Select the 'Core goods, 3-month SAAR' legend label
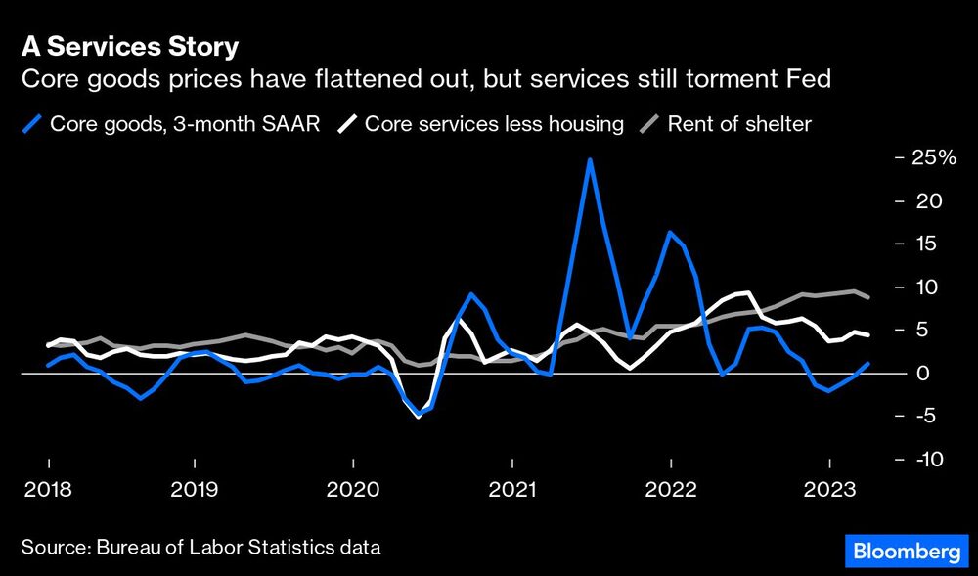pos(185,124)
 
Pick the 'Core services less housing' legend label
pos(494,124)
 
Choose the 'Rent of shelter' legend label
pos(739,124)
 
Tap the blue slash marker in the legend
pos(33,124)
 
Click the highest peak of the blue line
pos(590,159)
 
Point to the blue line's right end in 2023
pos(868,364)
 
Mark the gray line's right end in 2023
pos(868,297)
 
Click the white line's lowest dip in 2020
pos(419,416)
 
